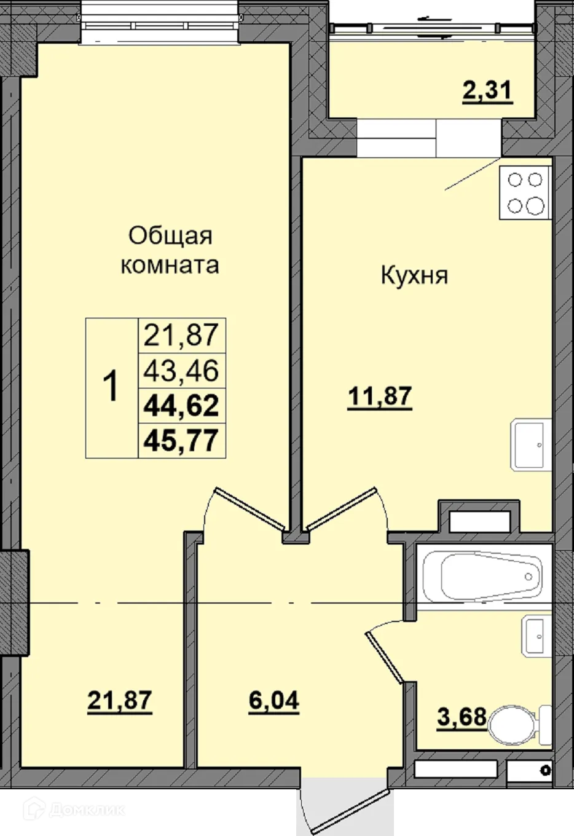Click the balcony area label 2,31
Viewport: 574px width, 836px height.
[487, 92]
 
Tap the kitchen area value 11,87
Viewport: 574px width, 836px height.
[379, 396]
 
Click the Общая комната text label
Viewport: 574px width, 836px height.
[170, 250]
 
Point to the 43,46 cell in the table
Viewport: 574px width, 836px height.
[181, 371]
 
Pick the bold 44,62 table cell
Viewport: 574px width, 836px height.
[181, 406]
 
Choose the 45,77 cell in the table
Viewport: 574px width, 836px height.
[181, 440]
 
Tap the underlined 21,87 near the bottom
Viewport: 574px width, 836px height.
[119, 700]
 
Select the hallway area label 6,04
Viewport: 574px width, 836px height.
[273, 700]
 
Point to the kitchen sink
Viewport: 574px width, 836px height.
[530, 444]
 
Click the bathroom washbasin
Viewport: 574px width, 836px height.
[536, 635]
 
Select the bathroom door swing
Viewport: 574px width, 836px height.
[386, 655]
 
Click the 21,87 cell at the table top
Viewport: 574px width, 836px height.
[181, 336]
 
